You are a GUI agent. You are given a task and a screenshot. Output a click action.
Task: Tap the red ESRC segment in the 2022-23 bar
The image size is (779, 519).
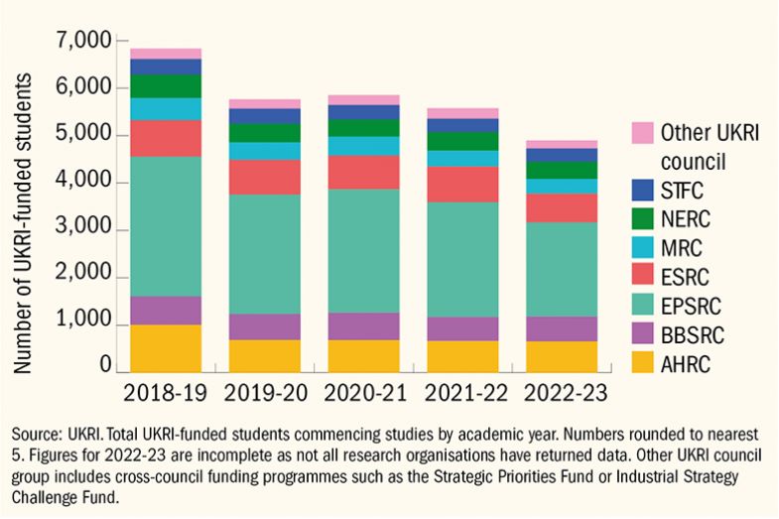(562, 207)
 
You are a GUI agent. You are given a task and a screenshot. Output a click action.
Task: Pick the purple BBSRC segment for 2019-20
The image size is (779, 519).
(265, 326)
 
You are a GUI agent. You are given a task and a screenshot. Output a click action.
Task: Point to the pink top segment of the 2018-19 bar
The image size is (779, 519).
(166, 54)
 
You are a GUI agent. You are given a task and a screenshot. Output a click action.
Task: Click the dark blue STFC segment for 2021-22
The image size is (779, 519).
(463, 125)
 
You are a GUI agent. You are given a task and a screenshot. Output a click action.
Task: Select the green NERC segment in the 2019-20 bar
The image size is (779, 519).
(265, 133)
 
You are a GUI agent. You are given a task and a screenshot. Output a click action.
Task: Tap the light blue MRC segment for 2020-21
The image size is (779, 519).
(364, 146)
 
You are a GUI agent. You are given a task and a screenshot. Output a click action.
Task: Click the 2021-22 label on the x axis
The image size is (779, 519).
(463, 392)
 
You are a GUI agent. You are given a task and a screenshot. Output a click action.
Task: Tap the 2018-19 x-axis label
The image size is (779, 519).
(166, 392)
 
